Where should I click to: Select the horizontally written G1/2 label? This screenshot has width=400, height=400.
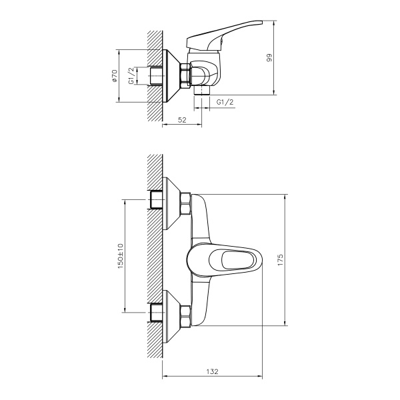tap(225, 101)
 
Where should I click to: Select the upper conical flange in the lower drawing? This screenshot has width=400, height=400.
tap(173, 199)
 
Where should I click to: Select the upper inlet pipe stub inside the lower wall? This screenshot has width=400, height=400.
tap(159, 199)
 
